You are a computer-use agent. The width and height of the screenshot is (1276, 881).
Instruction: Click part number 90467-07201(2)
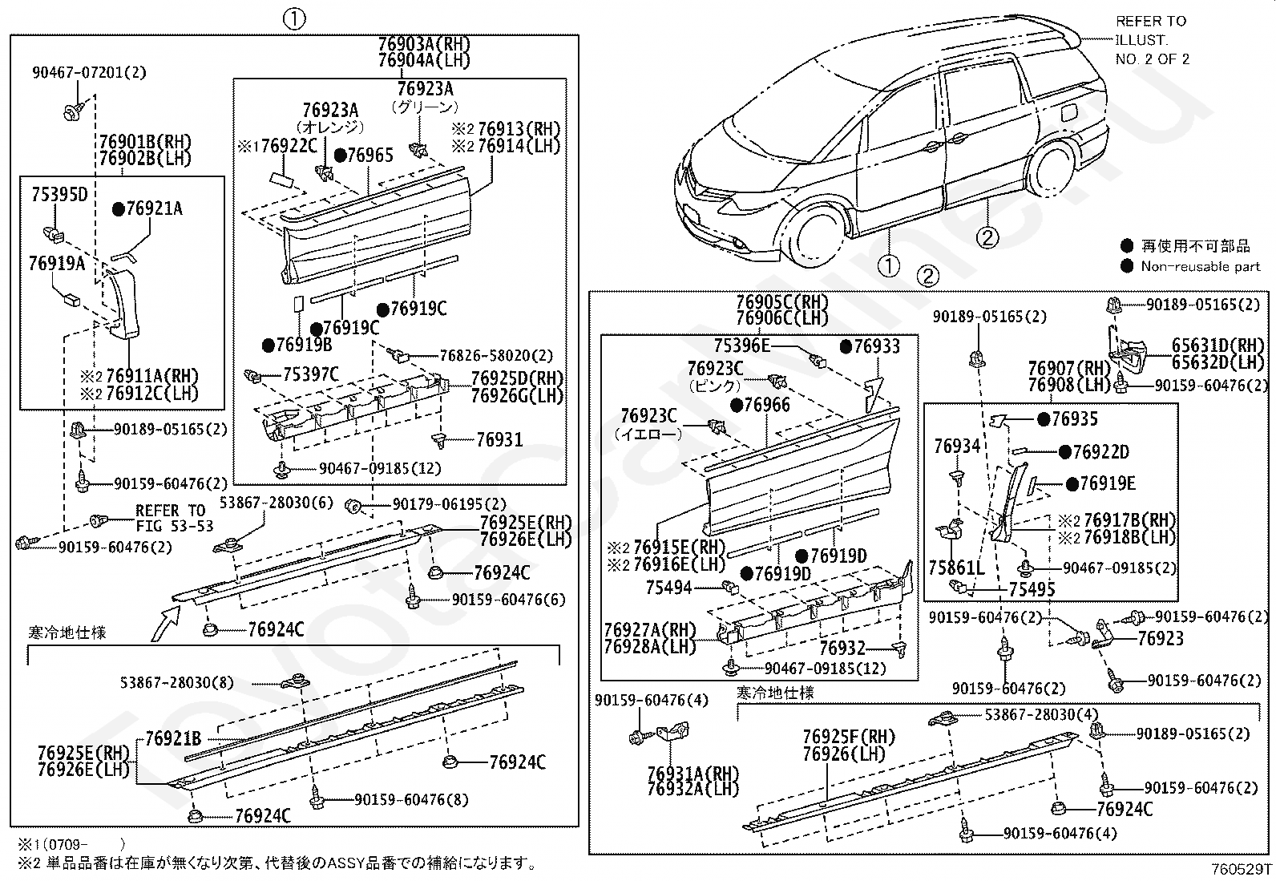pyautogui.click(x=89, y=73)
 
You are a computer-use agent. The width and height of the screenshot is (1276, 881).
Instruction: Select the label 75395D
pyautogui.click(x=59, y=195)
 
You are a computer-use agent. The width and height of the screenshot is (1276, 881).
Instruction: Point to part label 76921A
pyautogui.click(x=154, y=209)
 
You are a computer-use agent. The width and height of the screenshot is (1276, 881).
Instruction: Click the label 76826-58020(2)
pyautogui.click(x=496, y=355)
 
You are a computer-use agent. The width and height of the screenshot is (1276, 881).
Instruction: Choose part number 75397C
pyautogui.click(x=310, y=374)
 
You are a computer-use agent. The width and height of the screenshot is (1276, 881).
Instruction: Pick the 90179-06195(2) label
pyautogui.click(x=449, y=504)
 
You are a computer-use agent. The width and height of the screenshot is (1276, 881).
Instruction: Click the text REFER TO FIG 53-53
pyautogui.click(x=174, y=518)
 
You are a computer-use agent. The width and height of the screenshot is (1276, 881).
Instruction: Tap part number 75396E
pyautogui.click(x=741, y=346)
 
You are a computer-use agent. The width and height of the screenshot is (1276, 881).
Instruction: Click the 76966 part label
pyautogui.click(x=766, y=405)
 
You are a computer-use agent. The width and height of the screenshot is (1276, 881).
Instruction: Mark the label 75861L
pyautogui.click(x=955, y=568)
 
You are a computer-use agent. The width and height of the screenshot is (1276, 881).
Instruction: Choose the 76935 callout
pyautogui.click(x=1074, y=419)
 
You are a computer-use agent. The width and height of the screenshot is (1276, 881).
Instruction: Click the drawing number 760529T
pyautogui.click(x=1241, y=868)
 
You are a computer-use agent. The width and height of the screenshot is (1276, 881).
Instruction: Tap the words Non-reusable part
pyautogui.click(x=1200, y=266)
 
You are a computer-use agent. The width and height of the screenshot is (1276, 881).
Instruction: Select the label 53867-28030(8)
pyautogui.click(x=177, y=682)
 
